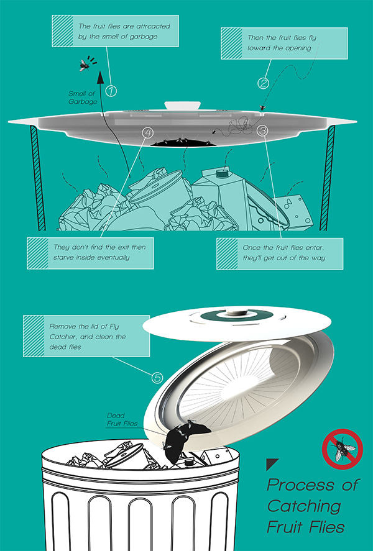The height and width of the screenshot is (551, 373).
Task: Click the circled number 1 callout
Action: [111, 91]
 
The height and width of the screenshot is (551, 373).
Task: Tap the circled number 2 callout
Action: [264, 83]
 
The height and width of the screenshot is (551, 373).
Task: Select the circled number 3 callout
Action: [262, 130]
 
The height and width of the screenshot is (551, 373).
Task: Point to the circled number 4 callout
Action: [148, 132]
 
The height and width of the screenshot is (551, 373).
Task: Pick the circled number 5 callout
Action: [157, 378]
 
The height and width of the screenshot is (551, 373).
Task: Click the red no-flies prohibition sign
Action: [342, 449]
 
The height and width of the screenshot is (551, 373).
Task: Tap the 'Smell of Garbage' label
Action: [83, 98]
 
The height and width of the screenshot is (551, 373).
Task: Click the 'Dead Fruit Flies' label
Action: [122, 419]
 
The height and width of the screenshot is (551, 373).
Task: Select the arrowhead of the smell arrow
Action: [101, 77]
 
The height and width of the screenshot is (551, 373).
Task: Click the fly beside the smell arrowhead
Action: [85, 65]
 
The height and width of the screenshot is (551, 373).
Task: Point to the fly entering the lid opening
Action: [262, 108]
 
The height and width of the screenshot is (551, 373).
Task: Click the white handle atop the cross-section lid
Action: [182, 106]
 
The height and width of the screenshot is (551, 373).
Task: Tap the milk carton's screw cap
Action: [222, 173]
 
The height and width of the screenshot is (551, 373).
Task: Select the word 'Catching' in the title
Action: [304, 506]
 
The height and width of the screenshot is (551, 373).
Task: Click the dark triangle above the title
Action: [272, 464]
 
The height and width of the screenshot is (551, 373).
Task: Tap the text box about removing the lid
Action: [86, 336]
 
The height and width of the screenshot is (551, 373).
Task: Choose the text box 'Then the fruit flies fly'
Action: [284, 43]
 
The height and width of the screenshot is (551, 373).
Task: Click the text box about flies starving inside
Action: [90, 253]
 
